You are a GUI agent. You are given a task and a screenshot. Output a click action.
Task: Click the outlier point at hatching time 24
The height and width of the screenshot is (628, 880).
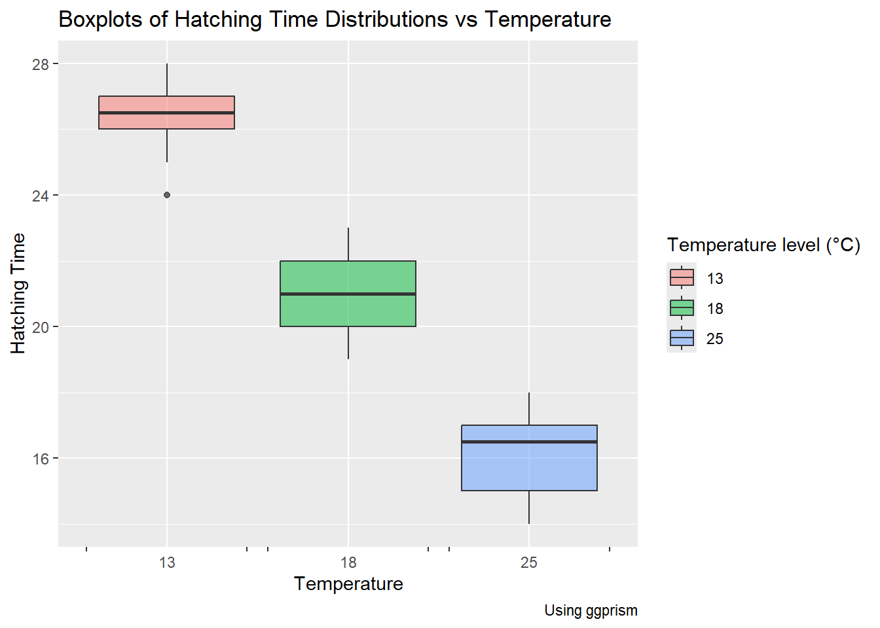point(167,195)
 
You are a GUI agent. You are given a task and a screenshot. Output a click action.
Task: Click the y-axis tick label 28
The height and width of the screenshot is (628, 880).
point(41,64)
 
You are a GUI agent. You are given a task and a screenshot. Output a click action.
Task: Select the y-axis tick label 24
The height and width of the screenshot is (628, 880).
point(41,196)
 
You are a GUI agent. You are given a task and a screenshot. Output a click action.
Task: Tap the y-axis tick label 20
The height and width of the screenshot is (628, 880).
point(41,327)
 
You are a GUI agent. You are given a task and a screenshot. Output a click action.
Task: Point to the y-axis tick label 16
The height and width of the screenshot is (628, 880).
point(41,459)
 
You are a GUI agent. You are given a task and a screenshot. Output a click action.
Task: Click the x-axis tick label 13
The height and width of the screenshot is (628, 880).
point(167,563)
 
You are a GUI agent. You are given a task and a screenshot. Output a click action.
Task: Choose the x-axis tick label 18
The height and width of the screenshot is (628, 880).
point(348,563)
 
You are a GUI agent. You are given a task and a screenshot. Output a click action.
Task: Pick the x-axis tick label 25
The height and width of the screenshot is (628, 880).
point(529,563)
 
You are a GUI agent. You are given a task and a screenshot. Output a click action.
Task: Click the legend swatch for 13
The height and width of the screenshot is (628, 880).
point(682,278)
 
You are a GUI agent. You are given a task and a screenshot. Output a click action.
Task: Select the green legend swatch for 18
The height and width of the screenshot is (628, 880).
point(682,308)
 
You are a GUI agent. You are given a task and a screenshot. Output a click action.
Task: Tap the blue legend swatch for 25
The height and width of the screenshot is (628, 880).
point(682,338)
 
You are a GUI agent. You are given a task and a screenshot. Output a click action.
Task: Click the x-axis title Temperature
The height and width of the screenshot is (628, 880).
point(348,584)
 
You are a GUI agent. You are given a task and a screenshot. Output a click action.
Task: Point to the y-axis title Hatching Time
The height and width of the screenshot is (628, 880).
point(18,293)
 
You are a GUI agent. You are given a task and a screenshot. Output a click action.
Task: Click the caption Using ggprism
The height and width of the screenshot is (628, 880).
point(591,610)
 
